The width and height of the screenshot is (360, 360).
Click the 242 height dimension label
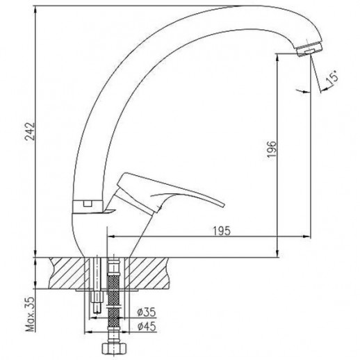[x=30, y=131]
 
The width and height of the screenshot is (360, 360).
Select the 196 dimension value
[x=272, y=149]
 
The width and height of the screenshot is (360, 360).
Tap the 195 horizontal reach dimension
[x=222, y=231]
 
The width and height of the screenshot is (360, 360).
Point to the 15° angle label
[x=332, y=78]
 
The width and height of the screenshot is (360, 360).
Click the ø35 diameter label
[x=147, y=312]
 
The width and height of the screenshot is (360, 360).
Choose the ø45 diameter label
[x=147, y=327]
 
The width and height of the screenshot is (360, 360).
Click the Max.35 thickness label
[x=30, y=313]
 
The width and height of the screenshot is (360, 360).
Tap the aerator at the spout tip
[x=310, y=49]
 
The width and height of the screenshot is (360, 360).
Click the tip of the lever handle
[x=223, y=205]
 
